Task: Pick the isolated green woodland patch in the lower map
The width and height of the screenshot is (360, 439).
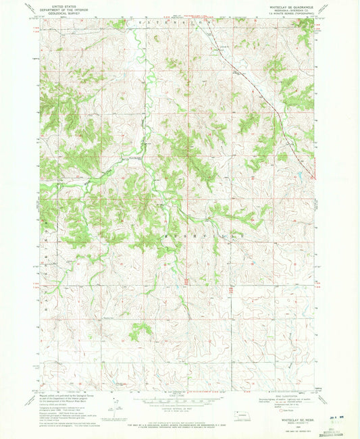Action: click(142, 330)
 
